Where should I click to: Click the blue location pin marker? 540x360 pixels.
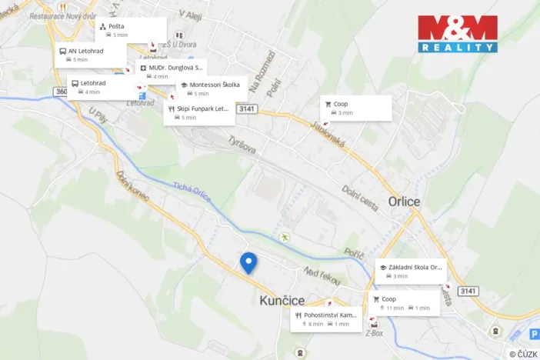click(x=248, y=262)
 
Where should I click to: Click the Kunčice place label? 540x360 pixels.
click(x=284, y=300)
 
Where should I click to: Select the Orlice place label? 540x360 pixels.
click(x=404, y=202)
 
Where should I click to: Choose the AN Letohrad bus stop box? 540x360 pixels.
click(x=91, y=55)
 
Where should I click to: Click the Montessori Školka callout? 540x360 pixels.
click(x=212, y=89)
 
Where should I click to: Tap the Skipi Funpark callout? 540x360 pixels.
click(x=199, y=112)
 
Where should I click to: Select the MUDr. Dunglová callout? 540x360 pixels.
click(x=171, y=72)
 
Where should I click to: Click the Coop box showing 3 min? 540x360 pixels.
click(x=356, y=108)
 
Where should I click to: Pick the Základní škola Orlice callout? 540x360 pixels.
click(x=410, y=271)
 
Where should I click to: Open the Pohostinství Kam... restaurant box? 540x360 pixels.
click(x=326, y=319)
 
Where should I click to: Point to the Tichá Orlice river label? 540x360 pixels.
click(x=192, y=192)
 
